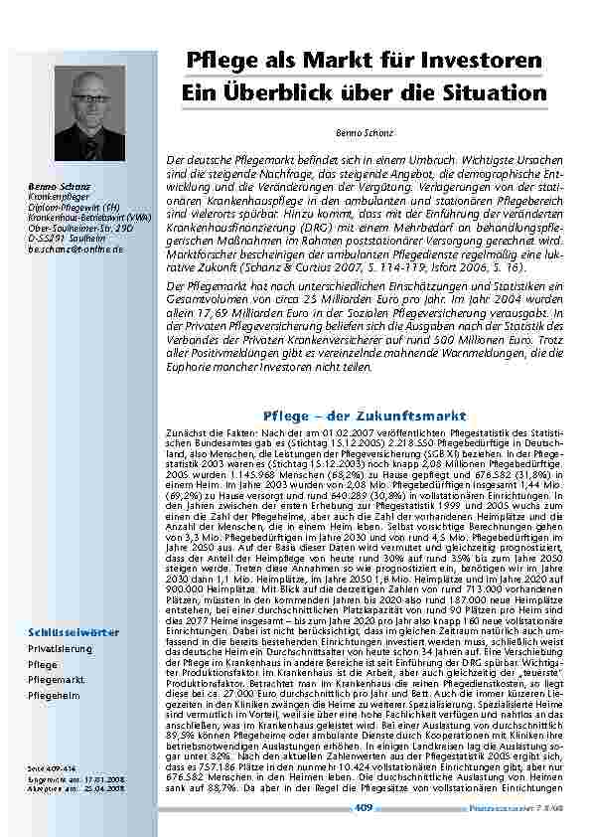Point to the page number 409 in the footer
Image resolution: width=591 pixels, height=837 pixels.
pos(363,808)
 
